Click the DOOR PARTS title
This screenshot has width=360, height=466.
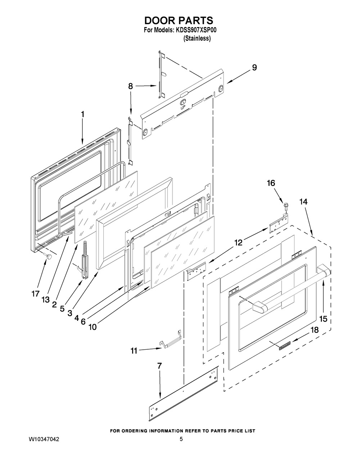179,20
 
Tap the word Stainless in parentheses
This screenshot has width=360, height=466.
197,39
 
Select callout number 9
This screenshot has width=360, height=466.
254,67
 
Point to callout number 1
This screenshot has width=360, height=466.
82,114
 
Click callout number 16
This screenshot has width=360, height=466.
270,183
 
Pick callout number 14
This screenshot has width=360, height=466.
303,202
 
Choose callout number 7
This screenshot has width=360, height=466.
159,366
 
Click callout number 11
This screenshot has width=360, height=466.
134,351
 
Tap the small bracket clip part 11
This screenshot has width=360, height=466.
171,340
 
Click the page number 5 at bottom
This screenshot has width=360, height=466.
181,440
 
